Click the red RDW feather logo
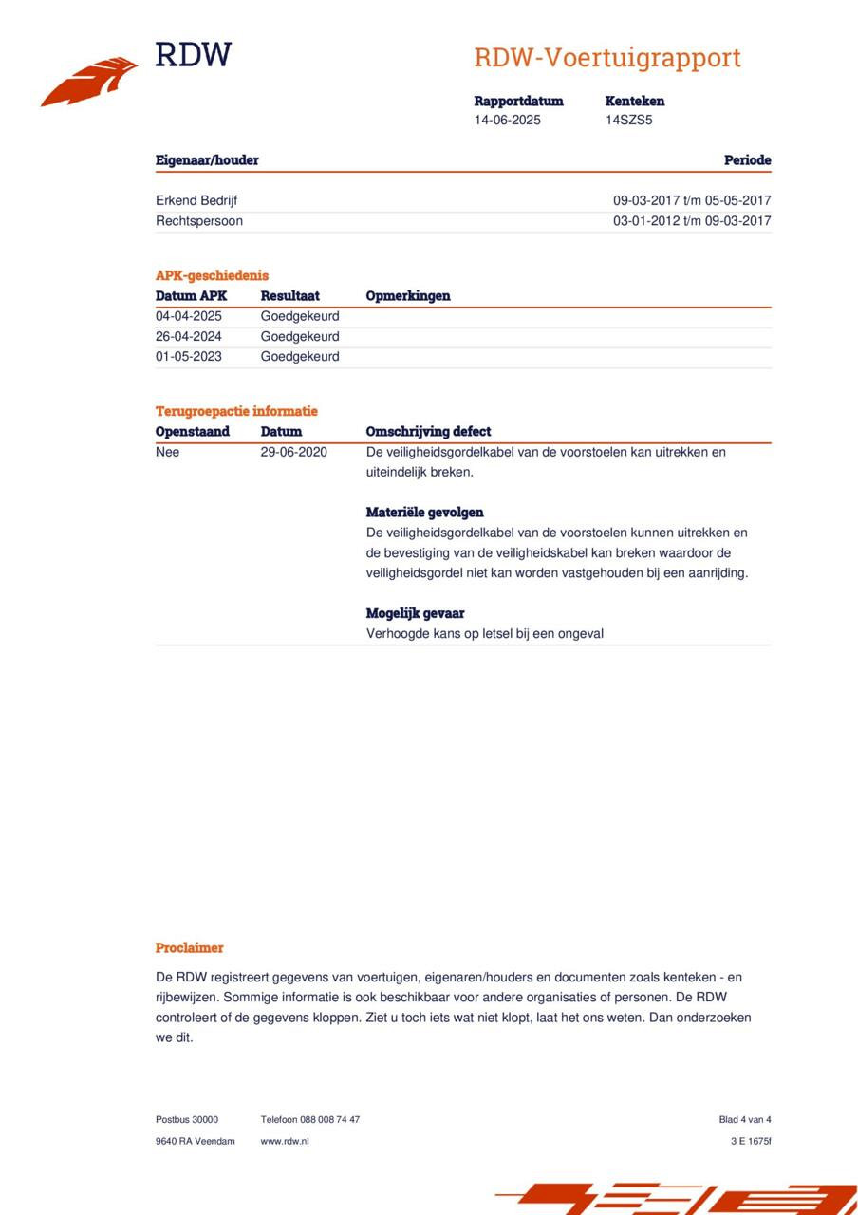90,82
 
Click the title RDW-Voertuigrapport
607,58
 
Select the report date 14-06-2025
508,121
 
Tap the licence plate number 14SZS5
628,121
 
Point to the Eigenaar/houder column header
207,160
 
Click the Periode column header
747,160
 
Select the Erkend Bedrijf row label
196,200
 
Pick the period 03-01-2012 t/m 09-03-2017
692,221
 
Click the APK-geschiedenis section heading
212,275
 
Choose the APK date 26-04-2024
189,336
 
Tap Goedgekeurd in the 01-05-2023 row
300,357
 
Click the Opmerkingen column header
408,296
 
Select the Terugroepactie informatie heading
236,411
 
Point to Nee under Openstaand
167,452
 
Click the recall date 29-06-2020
294,452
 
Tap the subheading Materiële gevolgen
424,513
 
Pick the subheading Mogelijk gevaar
415,613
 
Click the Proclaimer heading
190,947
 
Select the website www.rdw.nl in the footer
285,1141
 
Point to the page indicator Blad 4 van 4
745,1120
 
